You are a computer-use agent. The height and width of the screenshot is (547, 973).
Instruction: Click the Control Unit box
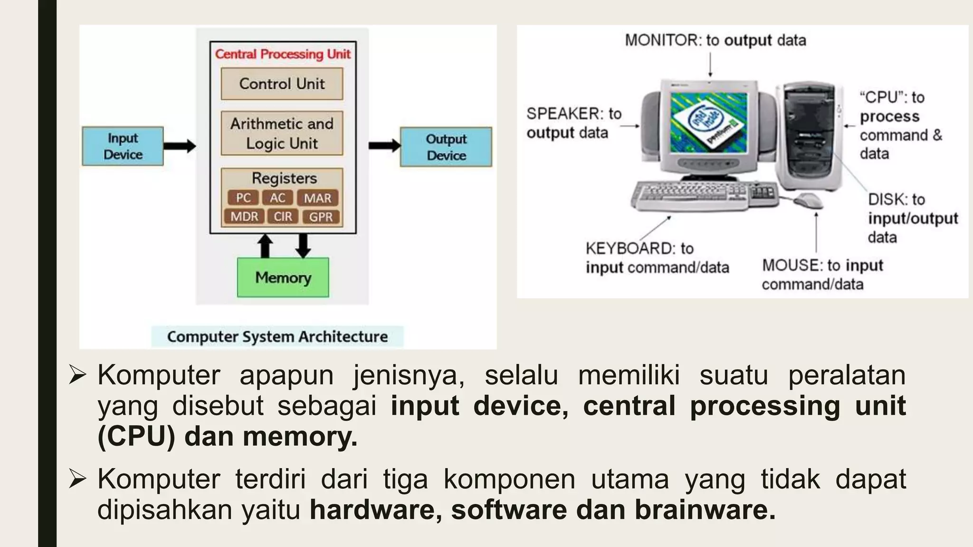coord(282,84)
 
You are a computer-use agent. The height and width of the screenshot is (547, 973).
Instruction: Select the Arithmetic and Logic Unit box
coord(282,133)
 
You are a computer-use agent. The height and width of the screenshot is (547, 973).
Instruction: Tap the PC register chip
coord(243,198)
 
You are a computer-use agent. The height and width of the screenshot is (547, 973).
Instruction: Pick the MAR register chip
coord(317,198)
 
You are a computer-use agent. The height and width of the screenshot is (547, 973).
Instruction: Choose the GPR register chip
coord(321,217)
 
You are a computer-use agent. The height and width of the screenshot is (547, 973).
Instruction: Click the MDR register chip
coord(244,217)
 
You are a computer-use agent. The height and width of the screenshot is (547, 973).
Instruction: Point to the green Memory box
coord(283,277)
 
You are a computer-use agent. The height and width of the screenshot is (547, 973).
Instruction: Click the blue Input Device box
coord(123,146)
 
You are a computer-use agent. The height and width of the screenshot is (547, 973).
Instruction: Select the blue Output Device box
coord(446,147)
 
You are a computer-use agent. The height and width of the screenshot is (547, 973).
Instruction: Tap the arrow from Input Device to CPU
coord(180,146)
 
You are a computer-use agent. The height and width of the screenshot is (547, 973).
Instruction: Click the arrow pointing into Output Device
coord(384,146)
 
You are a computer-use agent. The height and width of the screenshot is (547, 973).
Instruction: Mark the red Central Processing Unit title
coord(283,54)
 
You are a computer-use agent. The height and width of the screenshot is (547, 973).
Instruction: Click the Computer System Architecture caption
coord(277,337)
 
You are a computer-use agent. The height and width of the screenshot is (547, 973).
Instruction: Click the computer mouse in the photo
coord(809,200)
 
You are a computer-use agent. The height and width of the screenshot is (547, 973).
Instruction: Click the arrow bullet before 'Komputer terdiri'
coord(77,479)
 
